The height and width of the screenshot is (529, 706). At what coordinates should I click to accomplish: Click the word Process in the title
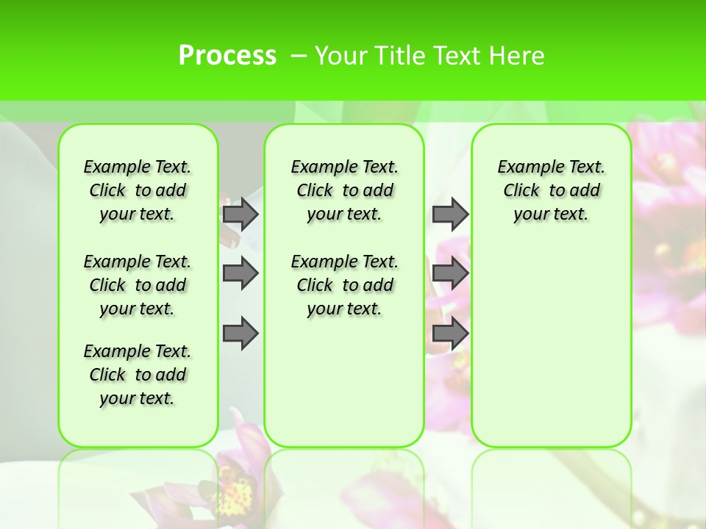pyautogui.click(x=227, y=55)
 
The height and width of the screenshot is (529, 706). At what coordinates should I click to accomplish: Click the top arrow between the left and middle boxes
pyautogui.click(x=240, y=214)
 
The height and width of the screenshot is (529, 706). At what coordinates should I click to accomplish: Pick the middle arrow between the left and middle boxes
pyautogui.click(x=240, y=273)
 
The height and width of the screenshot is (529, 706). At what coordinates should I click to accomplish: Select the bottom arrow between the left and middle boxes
pyautogui.click(x=240, y=334)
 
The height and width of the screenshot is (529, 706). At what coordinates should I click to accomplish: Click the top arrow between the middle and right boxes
pyautogui.click(x=450, y=214)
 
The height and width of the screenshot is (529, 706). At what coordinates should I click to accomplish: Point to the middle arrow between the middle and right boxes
pyautogui.click(x=450, y=273)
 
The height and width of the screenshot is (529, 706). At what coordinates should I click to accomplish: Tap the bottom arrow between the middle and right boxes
pyautogui.click(x=450, y=334)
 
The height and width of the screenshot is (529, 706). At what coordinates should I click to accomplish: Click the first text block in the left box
pyautogui.click(x=138, y=190)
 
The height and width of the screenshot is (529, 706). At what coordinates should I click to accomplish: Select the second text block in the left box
pyautogui.click(x=138, y=285)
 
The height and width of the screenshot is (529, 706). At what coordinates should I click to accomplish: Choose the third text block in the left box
pyautogui.click(x=138, y=375)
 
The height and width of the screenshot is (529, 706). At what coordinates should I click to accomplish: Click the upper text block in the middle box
pyautogui.click(x=344, y=190)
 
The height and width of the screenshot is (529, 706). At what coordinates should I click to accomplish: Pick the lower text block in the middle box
pyautogui.click(x=344, y=285)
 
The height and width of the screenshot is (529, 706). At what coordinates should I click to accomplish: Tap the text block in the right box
pyautogui.click(x=551, y=190)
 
